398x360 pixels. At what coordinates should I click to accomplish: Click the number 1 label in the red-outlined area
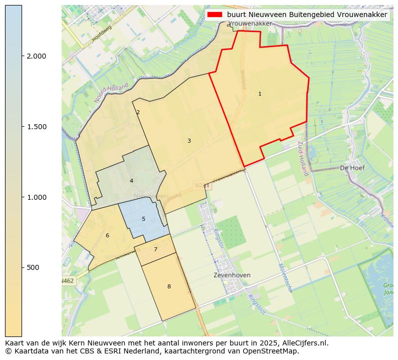tap(260, 94)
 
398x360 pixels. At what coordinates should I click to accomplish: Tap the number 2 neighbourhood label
tap(138, 113)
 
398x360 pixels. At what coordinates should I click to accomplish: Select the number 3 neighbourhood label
tap(189, 141)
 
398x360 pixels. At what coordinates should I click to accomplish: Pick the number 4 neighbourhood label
tap(131, 181)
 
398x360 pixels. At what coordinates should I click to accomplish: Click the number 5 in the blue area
tap(143, 219)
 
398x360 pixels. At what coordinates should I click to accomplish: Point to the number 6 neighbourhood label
tap(107, 236)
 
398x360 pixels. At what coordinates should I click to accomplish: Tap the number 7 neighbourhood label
tap(155, 250)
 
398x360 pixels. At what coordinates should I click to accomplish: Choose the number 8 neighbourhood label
tap(169, 287)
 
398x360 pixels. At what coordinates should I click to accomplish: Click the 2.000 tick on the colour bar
tap(36, 56)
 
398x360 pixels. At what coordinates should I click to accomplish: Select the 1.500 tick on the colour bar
tap(36, 127)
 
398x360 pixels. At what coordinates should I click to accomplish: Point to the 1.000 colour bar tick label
tap(36, 197)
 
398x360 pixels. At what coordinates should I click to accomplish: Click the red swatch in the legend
tap(214, 15)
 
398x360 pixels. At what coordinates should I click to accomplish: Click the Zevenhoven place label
tap(232, 275)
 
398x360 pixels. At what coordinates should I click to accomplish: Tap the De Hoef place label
tap(352, 168)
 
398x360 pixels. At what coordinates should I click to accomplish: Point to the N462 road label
tap(68, 281)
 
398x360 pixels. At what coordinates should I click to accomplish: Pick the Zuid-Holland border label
tap(302, 158)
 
